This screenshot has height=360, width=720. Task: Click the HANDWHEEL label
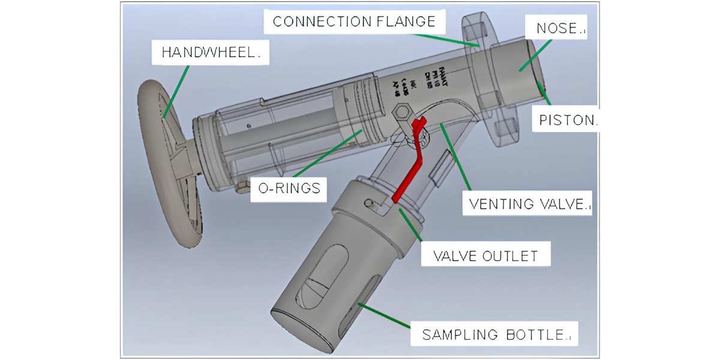(211, 53)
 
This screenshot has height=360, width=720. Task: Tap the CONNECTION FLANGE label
(354, 22)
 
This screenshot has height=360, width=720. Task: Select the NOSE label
(556, 28)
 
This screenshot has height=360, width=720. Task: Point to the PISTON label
(568, 119)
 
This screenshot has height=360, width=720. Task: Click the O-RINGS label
(285, 188)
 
